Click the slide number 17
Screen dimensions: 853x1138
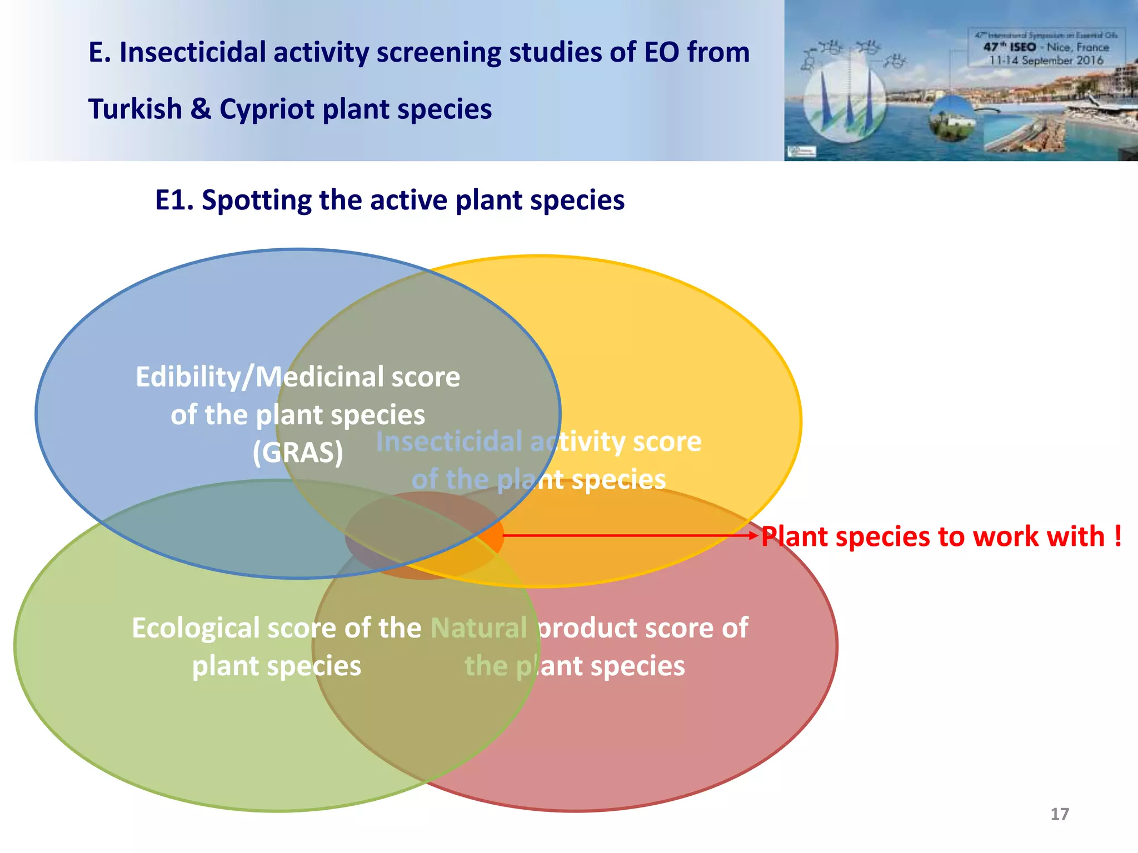pyautogui.click(x=1059, y=814)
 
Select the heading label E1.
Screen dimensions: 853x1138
pyautogui.click(x=173, y=200)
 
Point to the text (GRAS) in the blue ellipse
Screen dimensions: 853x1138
pyautogui.click(x=298, y=453)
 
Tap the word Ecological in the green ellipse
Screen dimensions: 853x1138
pyautogui.click(x=196, y=628)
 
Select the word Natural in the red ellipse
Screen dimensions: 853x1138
pyautogui.click(x=478, y=628)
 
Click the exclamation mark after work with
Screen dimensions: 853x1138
pyautogui.click(x=1117, y=536)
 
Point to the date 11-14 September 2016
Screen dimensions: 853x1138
pyautogui.click(x=1046, y=61)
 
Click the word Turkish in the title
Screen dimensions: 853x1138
pyautogui.click(x=135, y=109)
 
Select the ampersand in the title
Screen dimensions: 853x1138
pyautogui.click(x=201, y=109)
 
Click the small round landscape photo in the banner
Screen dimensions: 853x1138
pyautogui.click(x=952, y=118)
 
